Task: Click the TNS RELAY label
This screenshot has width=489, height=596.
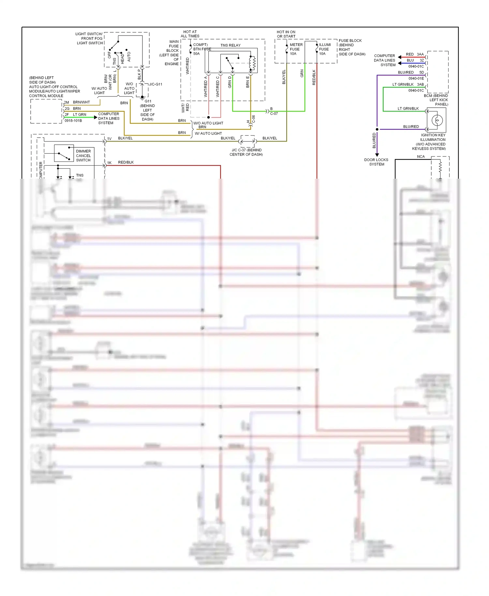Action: (230, 45)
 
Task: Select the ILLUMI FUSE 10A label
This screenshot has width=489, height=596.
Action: (324, 49)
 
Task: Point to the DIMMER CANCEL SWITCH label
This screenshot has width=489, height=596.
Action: (83, 156)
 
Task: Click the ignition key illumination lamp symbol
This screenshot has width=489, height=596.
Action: (437, 120)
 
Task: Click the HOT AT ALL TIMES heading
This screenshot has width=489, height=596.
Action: (190, 34)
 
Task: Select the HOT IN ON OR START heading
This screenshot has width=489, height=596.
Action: (286, 34)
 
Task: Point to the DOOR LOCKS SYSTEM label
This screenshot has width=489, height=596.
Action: (376, 162)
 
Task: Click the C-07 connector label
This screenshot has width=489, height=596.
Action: (274, 114)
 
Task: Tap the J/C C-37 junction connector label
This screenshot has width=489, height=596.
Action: (246, 152)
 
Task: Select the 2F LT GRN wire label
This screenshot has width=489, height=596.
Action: (76, 114)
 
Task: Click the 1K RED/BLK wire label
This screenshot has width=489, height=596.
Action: (121, 162)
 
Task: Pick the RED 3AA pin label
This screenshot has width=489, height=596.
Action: (415, 54)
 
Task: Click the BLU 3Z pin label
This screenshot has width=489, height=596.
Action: (415, 60)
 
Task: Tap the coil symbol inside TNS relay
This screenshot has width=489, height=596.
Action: (252, 63)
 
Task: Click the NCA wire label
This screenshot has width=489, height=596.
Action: (421, 156)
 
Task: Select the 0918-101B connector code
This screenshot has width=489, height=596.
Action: (73, 121)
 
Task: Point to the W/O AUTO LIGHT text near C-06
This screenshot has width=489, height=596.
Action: (208, 123)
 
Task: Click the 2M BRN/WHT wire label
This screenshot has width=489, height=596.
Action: (77, 102)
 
